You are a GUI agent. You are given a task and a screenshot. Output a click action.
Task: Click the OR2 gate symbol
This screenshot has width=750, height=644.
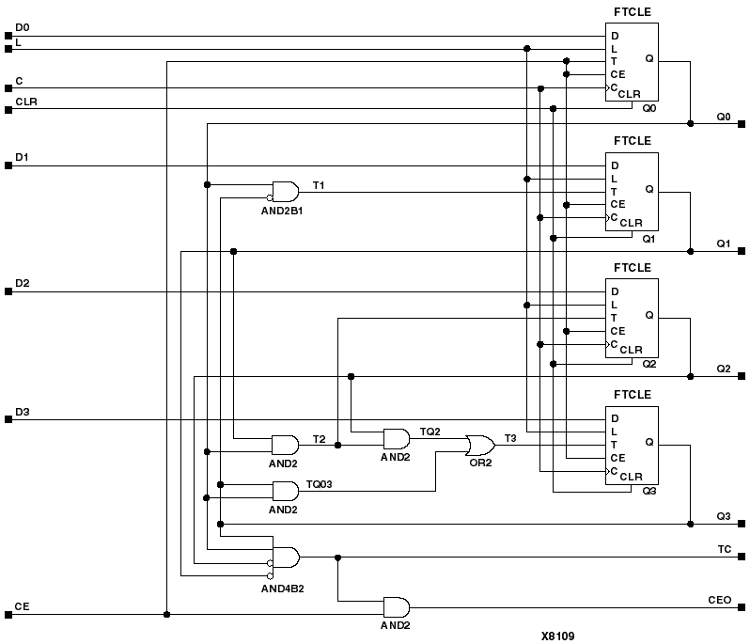click(x=481, y=444)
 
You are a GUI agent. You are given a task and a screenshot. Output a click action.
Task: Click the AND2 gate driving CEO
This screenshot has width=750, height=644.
click(x=396, y=606)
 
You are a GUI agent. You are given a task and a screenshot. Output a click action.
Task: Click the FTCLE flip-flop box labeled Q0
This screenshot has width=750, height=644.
click(x=632, y=62)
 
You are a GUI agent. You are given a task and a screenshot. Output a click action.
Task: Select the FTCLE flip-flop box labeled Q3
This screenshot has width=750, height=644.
click(x=632, y=446)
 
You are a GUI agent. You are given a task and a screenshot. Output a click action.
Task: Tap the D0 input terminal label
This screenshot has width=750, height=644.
click(x=23, y=27)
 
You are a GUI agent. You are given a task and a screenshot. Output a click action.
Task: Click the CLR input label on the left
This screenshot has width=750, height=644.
click(x=26, y=100)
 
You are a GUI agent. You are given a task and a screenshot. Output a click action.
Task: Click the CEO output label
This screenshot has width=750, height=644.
click(x=720, y=598)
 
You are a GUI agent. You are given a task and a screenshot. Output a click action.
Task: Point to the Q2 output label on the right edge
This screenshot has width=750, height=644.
click(x=723, y=368)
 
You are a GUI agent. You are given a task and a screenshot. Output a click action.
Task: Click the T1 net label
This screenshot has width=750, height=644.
click(x=318, y=186)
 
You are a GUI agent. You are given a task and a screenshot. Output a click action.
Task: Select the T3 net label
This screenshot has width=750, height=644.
click(x=510, y=438)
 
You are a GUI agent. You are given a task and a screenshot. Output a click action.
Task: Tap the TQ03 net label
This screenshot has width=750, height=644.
click(x=320, y=484)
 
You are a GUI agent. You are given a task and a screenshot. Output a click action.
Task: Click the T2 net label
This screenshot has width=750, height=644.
click(x=319, y=439)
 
